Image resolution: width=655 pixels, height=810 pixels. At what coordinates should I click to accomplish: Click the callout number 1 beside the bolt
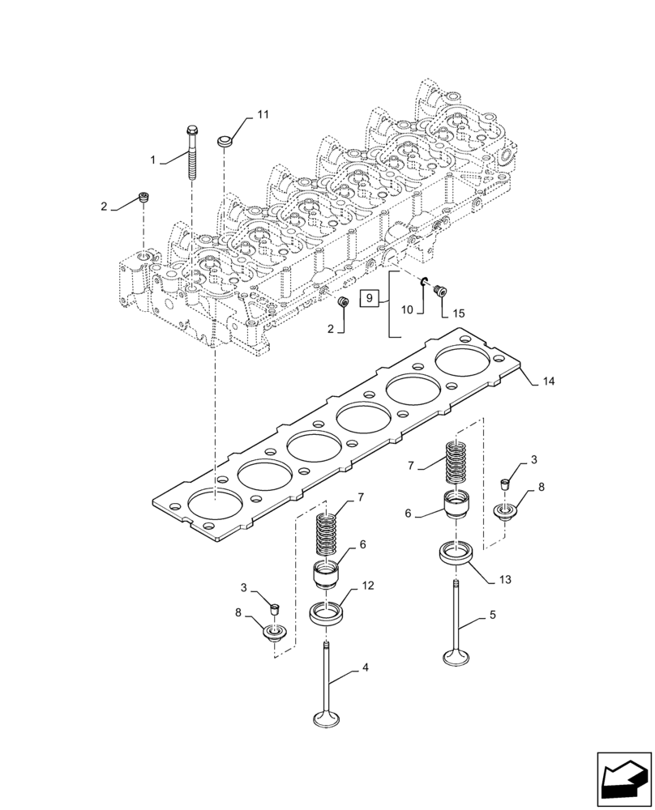click(152, 160)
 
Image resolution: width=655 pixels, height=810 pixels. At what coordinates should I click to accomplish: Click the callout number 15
click(459, 313)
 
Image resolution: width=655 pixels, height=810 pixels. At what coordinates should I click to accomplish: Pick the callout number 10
click(408, 309)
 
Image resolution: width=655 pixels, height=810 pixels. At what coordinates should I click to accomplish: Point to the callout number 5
click(492, 615)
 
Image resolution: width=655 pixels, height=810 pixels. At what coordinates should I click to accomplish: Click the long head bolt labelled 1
click(192, 158)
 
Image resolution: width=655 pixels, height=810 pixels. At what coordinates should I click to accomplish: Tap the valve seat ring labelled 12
click(328, 613)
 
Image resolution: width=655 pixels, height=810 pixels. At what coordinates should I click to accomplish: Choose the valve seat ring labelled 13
click(457, 556)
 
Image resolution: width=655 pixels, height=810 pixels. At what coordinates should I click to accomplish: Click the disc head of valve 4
click(330, 718)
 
